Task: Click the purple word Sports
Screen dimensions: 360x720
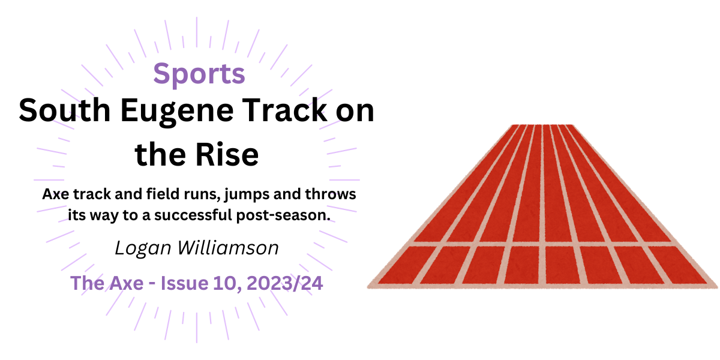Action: click(199, 74)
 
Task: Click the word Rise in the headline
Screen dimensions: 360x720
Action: click(230, 155)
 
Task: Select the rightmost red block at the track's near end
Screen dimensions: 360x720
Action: click(684, 265)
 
